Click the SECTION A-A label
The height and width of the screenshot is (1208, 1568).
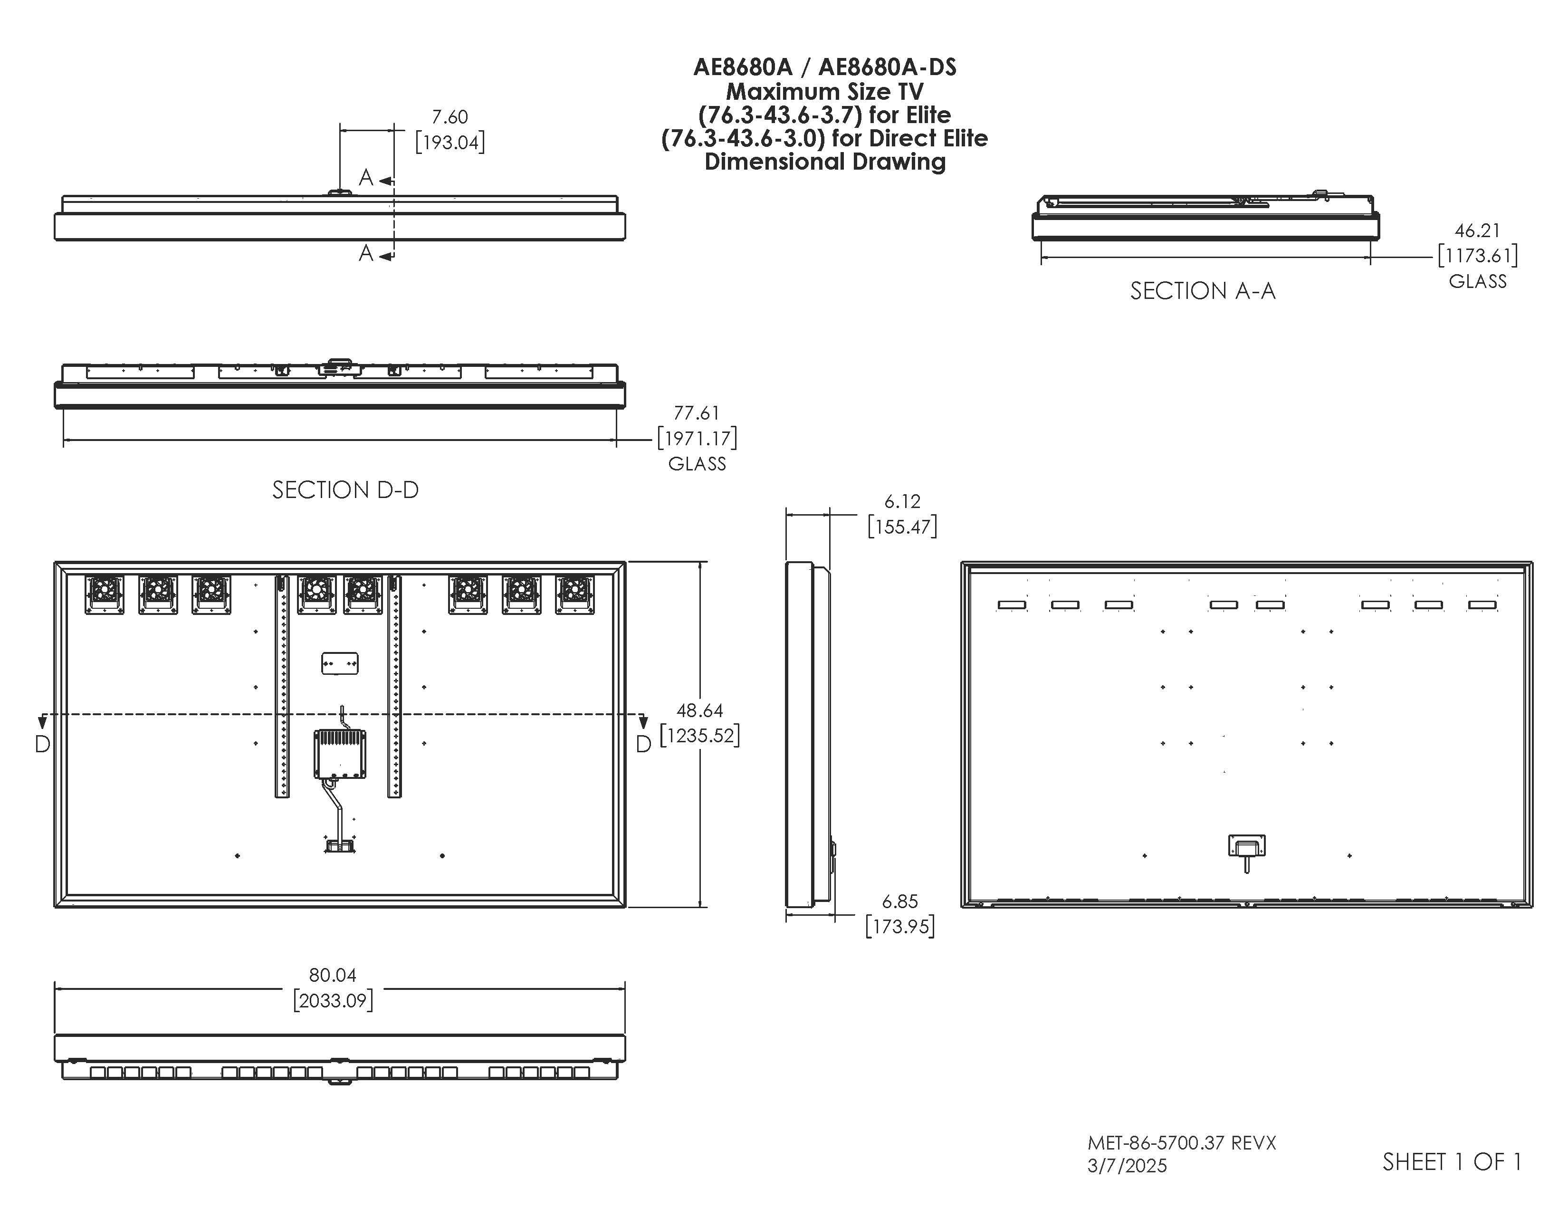point(1203,291)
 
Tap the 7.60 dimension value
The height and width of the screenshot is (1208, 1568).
point(449,116)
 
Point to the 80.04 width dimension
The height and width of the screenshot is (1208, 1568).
point(333,975)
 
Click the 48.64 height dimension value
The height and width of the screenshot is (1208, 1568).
point(699,710)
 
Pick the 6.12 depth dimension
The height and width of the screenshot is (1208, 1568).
point(902,501)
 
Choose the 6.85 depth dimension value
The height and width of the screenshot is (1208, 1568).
point(899,901)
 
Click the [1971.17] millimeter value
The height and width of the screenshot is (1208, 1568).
point(697,438)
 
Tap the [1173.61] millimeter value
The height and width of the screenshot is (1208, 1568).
point(1477,256)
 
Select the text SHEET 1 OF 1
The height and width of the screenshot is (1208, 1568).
point(1452,1162)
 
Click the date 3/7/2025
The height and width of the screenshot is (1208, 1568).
point(1127,1166)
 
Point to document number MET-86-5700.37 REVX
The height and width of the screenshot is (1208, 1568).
point(1182,1142)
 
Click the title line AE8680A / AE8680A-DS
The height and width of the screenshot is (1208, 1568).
point(824,67)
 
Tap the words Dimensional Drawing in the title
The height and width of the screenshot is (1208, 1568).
point(824,162)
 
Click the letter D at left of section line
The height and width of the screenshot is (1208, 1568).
point(42,744)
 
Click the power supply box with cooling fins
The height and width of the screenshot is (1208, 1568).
point(340,754)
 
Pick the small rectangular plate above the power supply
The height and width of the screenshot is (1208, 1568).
point(340,663)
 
